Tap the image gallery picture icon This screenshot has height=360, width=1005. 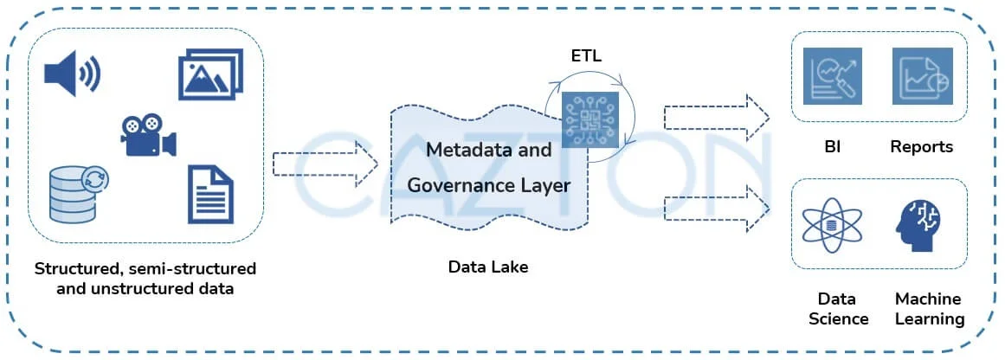point(210,74)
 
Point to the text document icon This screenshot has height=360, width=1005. point(210,195)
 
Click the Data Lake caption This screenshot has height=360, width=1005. point(487,267)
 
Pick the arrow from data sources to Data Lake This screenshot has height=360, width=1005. point(325,164)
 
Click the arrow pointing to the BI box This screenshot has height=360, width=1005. point(716,117)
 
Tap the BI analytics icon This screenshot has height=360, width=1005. point(832,76)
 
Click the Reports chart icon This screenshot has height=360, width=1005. point(921,76)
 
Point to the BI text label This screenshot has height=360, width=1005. point(832,147)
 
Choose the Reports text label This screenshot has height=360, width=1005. point(921,147)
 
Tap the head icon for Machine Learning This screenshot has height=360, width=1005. point(921,224)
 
